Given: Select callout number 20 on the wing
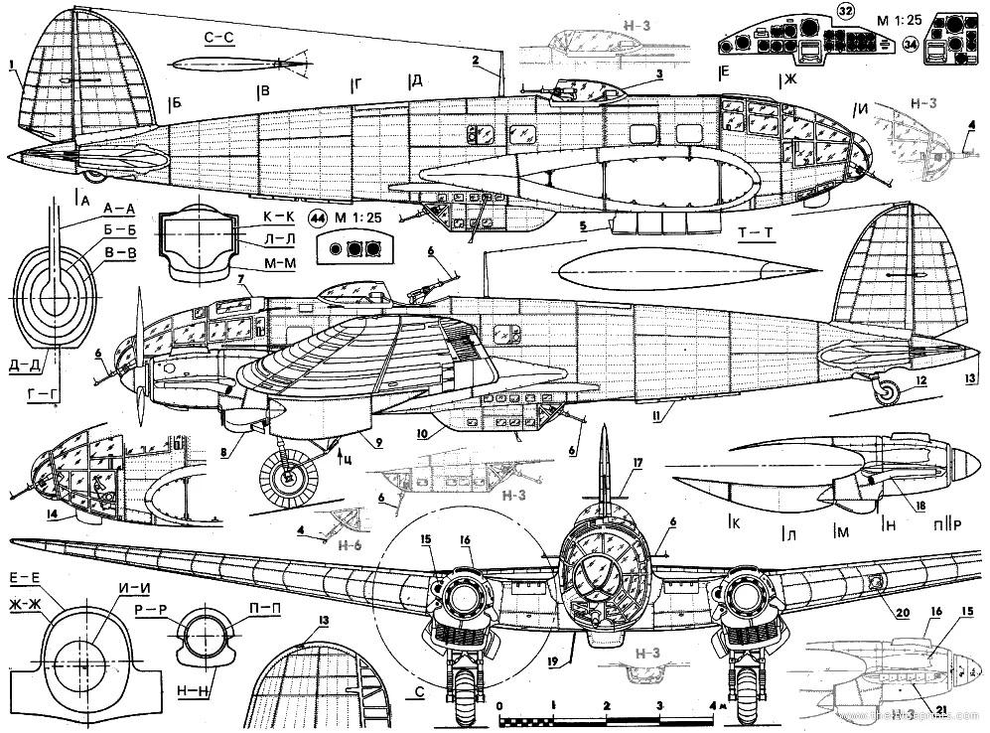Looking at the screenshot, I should pyautogui.click(x=902, y=613).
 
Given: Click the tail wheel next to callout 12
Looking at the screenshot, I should pyautogui.click(x=886, y=394).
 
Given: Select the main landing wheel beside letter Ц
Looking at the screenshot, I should pyautogui.click(x=289, y=476).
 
